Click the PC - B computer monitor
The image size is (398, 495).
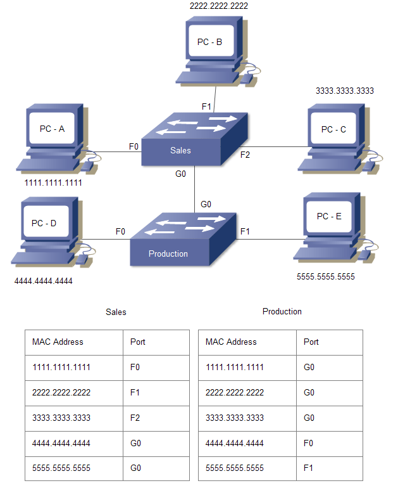coord(211,43)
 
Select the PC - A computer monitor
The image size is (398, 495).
coord(53,129)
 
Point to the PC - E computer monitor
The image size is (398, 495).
coord(329,217)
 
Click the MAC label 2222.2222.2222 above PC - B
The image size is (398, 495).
coord(219,6)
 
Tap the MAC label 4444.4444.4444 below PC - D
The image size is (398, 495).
coord(43,281)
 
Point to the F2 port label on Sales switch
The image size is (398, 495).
coord(245,154)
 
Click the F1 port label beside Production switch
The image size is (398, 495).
coord(245,231)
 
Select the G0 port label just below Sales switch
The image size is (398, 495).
coord(180,174)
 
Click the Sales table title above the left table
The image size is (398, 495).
coord(116,312)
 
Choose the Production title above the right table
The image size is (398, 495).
coord(282,311)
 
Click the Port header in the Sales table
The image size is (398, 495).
coord(138,342)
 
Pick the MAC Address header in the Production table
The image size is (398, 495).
coord(231,342)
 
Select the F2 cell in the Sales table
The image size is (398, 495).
coord(135,418)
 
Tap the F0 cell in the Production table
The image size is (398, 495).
coord(309,443)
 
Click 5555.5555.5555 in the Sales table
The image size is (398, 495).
coord(61,468)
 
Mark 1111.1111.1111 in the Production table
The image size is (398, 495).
coord(235,367)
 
